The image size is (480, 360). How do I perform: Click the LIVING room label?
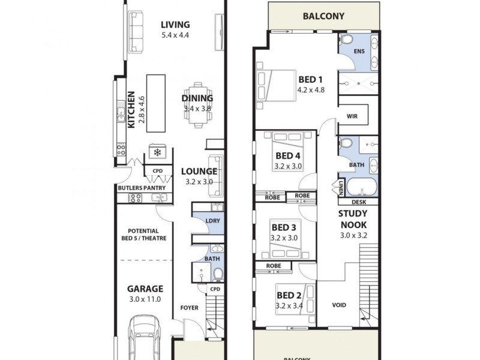175,25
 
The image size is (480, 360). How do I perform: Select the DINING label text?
197,98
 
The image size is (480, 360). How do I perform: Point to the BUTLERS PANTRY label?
140,188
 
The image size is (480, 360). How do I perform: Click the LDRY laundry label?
212,220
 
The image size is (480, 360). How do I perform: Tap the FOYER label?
189,308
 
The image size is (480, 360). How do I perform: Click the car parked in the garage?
143,339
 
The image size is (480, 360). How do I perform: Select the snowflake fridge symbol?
158,152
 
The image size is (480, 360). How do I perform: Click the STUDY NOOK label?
353,219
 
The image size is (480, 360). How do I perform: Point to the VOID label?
340,305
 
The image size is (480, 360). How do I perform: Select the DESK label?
359,203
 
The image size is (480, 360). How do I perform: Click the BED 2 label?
288,295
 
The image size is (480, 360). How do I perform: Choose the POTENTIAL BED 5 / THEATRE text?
143,234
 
